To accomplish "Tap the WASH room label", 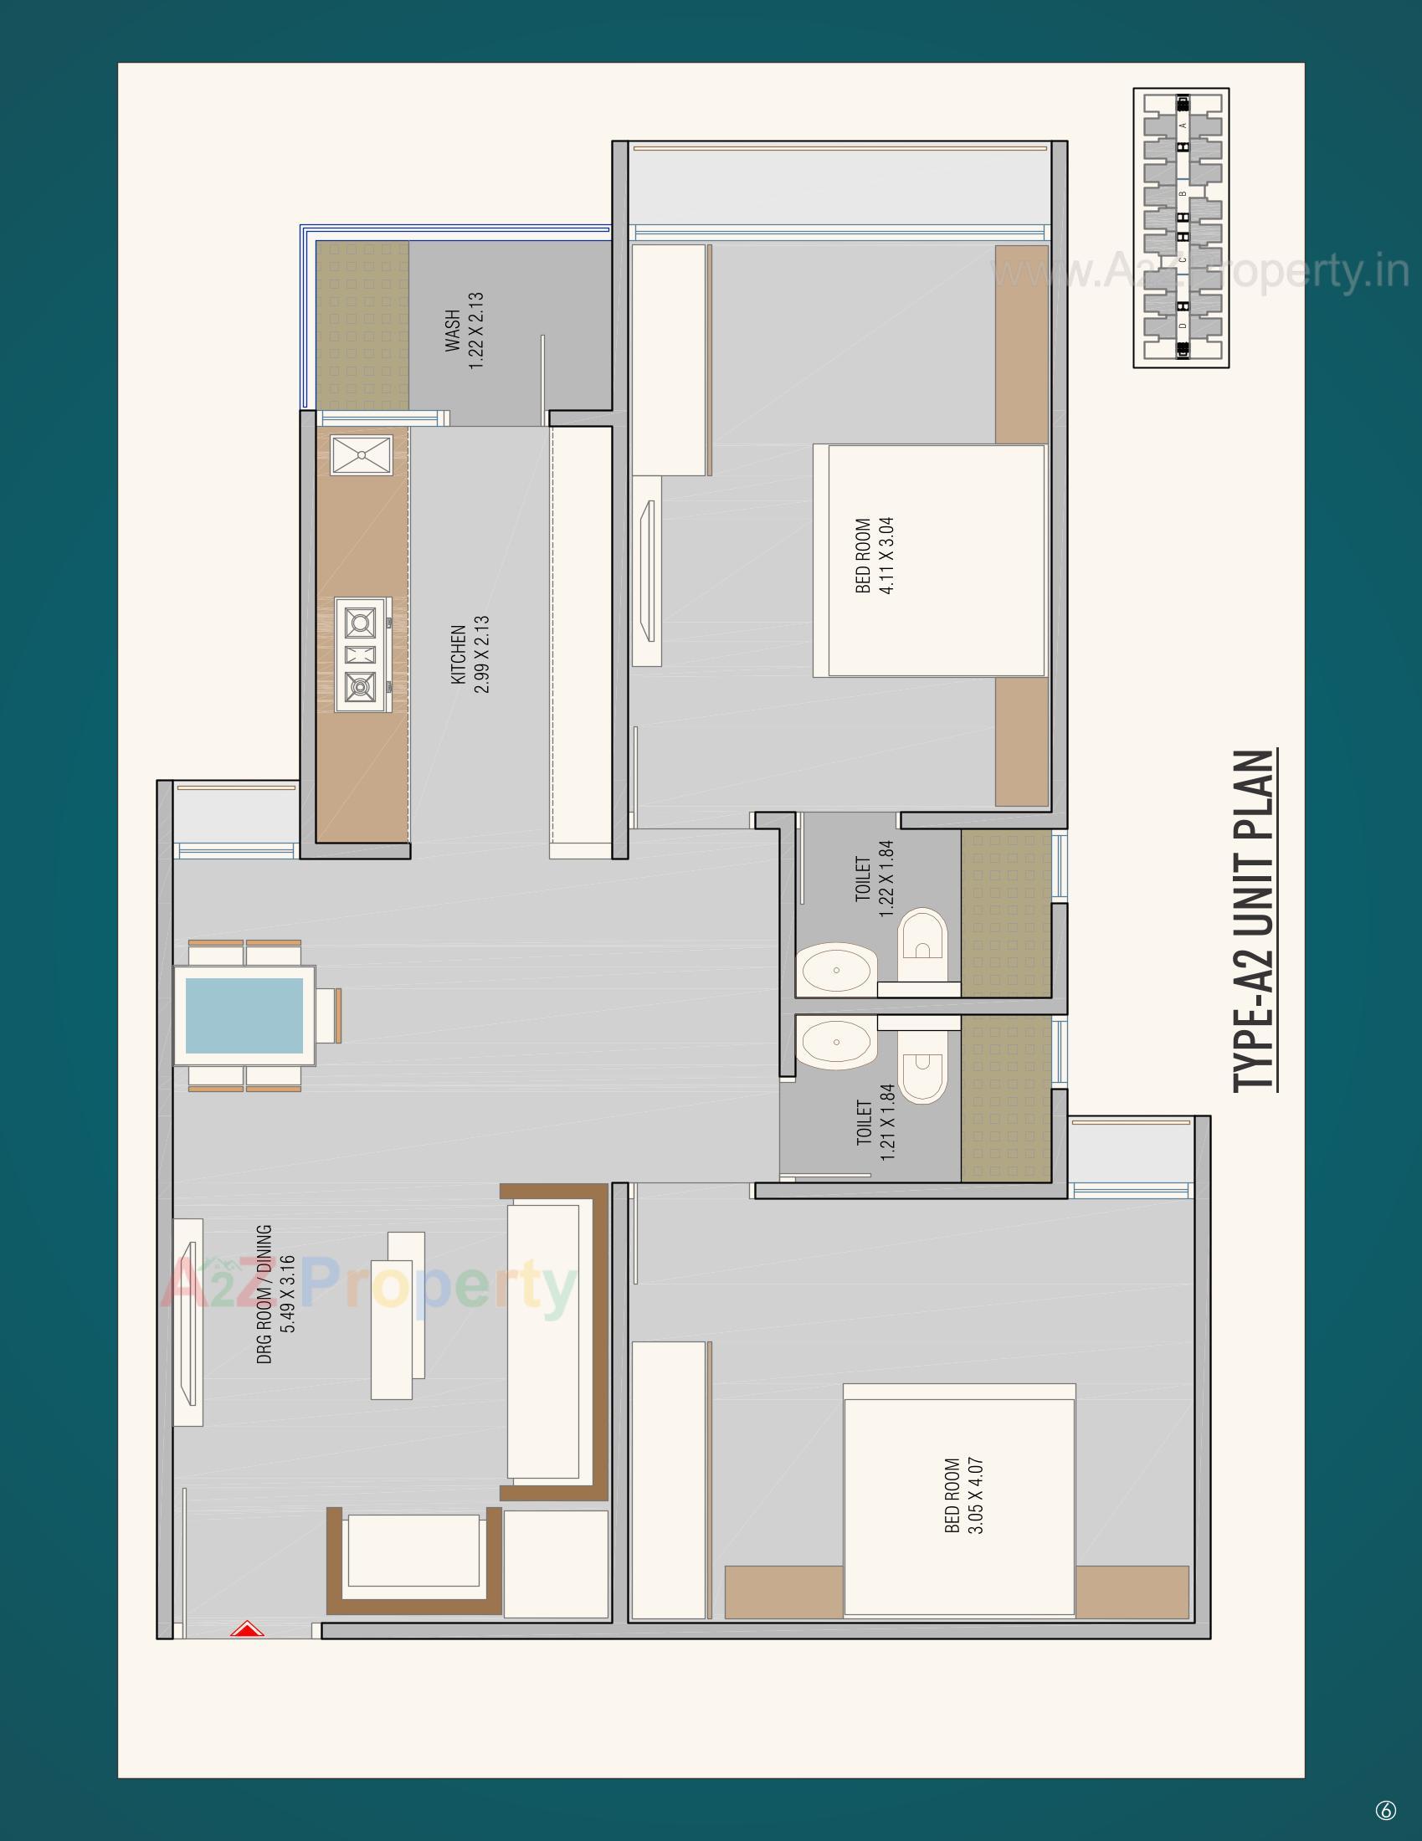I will click(x=454, y=331).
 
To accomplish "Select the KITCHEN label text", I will click(x=458, y=654).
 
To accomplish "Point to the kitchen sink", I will click(x=361, y=455).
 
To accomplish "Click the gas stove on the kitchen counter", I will click(x=362, y=655).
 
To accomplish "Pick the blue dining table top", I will click(x=244, y=1015).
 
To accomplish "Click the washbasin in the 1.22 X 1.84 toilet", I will click(x=836, y=969).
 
